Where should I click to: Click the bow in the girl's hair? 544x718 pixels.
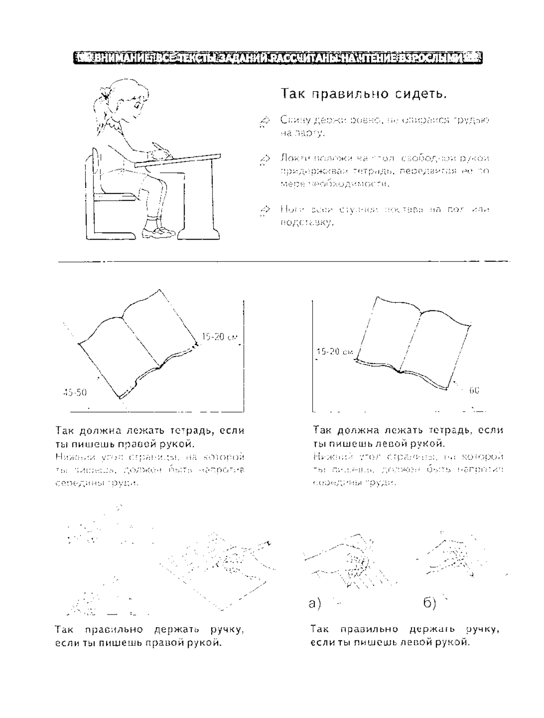tap(107, 94)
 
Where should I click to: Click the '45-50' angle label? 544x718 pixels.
tap(75, 392)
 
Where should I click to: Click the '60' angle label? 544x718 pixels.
tap(474, 390)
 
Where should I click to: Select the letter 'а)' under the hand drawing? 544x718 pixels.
tap(315, 603)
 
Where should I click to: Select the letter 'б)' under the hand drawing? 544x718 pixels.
tap(430, 603)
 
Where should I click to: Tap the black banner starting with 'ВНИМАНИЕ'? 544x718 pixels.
tap(277, 58)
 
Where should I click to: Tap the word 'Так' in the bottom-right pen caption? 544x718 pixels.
tap(320, 629)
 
